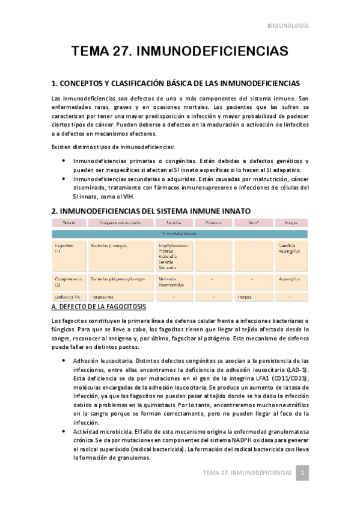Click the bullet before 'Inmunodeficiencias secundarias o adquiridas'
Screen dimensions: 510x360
65,179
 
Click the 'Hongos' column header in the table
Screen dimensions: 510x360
287,223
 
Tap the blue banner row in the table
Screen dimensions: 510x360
179,233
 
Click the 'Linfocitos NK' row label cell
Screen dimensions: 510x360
67,296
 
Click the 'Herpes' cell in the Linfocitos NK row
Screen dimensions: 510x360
245,296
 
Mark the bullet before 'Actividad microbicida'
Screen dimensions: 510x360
65,432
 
